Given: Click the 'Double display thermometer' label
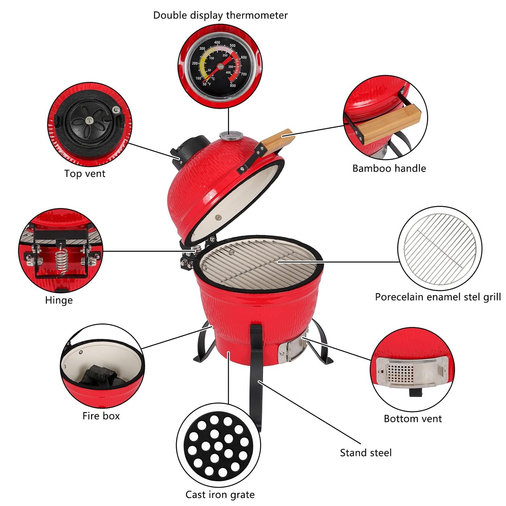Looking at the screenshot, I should tap(220, 15).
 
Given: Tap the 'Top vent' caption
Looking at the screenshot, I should tap(85, 174).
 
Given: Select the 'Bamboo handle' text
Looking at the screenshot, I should tap(389, 168).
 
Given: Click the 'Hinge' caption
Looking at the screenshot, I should tap(59, 300).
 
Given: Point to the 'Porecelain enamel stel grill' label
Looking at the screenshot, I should tap(438, 297).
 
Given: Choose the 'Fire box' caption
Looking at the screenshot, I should tap(101, 416).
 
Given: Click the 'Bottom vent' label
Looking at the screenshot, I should tap(413, 419).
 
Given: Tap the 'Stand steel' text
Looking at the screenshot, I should tap(366, 453).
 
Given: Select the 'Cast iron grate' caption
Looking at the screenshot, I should tap(220, 494).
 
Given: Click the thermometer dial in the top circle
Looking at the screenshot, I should tap(220, 66).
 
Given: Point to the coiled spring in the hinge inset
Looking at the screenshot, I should tap(61, 261).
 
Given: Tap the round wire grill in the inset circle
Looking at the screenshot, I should tap(440, 249).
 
